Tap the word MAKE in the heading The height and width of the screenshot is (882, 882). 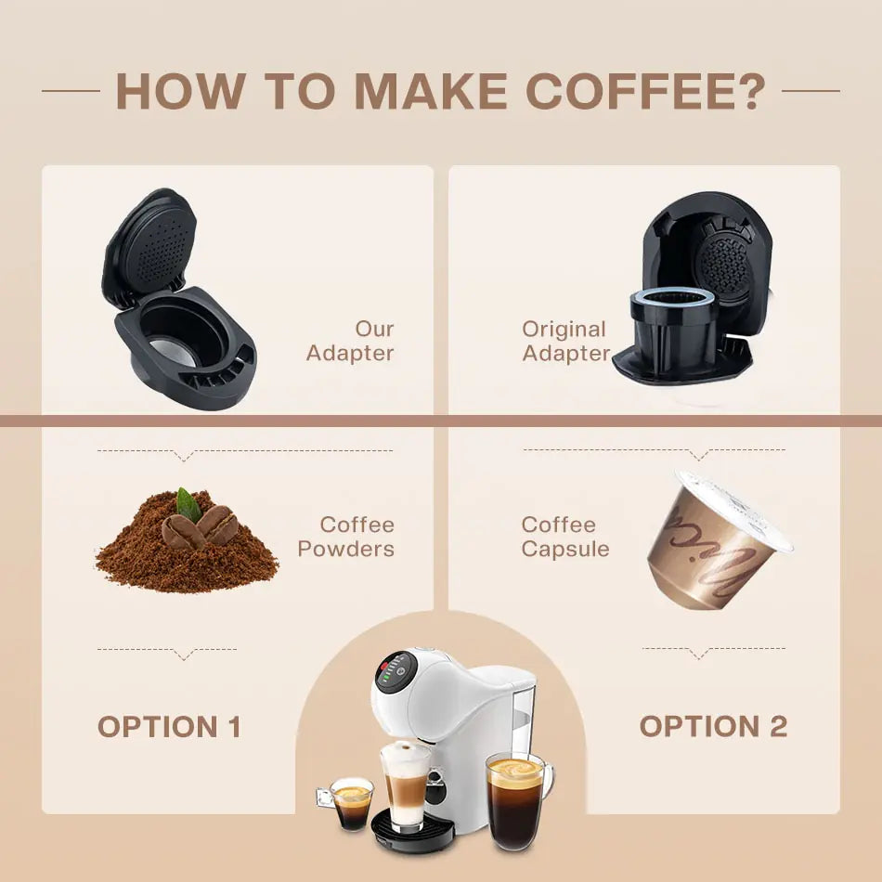point(430,90)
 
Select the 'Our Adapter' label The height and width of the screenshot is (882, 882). point(351,341)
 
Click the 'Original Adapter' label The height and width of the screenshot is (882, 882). point(564,341)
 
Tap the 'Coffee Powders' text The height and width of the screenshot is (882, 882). point(346,537)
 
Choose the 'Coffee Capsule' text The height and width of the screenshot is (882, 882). point(565,537)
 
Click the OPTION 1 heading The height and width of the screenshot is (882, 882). point(169,727)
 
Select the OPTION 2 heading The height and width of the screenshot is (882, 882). point(712,727)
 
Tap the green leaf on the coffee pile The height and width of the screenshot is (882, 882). point(190,504)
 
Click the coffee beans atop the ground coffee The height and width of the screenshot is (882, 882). point(201,528)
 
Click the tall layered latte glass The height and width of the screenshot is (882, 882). point(405,787)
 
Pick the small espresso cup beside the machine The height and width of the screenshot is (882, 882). point(352,803)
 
